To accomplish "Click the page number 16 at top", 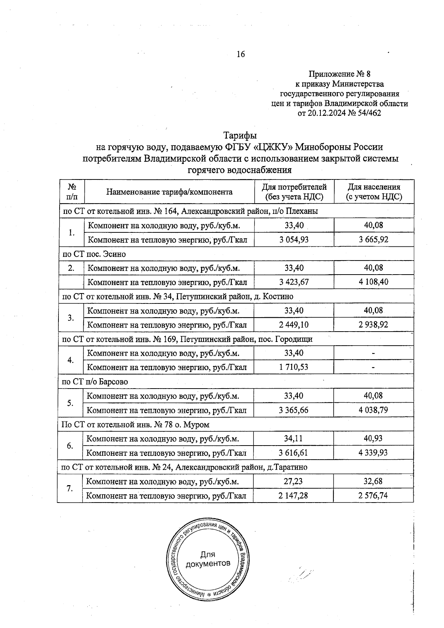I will [x=240, y=54].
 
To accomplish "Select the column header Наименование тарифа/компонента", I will [x=169, y=192].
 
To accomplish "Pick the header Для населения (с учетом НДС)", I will [x=374, y=192].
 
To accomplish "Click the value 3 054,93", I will [x=294, y=239].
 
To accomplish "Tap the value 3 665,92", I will [x=374, y=239].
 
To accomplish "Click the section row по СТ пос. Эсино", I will [x=94, y=254].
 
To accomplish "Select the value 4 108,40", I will [x=374, y=282].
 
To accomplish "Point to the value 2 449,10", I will [x=294, y=325].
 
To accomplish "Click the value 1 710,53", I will [x=294, y=367].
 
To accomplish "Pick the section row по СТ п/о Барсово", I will [x=95, y=382].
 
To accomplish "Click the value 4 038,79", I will [x=374, y=410].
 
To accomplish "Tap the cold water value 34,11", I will [x=294, y=439].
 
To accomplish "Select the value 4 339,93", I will [x=374, y=453].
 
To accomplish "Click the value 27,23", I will [x=294, y=481].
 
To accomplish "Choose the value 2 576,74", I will [x=373, y=496].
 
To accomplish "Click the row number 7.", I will [x=70, y=488].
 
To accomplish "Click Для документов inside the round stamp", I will [x=208, y=559].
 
